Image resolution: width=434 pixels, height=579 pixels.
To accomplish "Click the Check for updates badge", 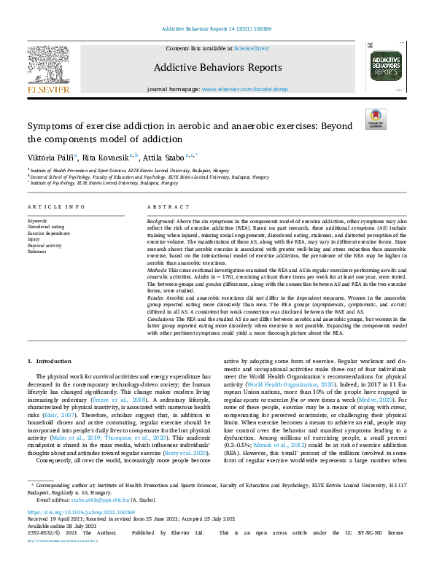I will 376,119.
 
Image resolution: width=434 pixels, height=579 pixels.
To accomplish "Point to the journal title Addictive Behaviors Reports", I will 217,68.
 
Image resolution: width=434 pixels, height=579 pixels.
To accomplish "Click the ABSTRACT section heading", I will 163,207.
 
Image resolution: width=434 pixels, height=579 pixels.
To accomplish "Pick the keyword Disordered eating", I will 44,226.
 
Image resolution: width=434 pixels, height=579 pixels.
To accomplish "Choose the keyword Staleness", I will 38,249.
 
